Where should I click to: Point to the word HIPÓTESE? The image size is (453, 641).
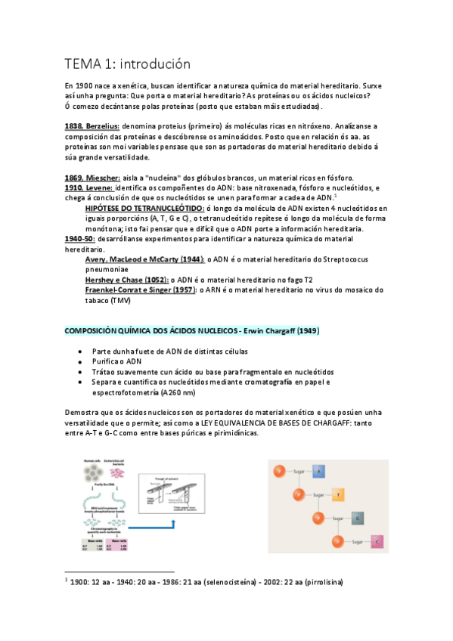111,208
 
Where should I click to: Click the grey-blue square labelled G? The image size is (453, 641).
358,519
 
